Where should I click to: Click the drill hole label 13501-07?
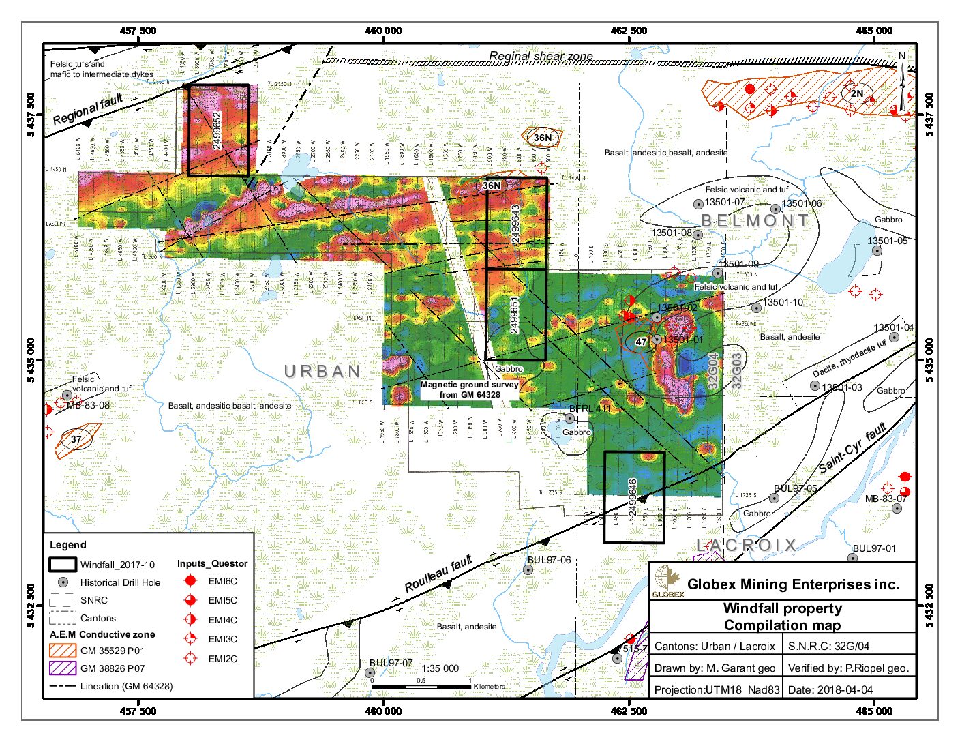coord(724,203)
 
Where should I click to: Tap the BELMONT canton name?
coord(755,220)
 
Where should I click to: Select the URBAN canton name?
coord(322,372)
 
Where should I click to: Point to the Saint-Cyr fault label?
coord(852,447)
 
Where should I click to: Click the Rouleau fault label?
coord(438,574)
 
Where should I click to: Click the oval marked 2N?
coord(856,93)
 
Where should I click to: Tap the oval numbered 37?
coord(76,439)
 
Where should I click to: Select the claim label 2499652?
coord(217,130)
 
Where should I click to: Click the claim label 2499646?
coord(633,496)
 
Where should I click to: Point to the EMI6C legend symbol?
coord(191,581)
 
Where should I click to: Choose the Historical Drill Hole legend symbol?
coord(63,582)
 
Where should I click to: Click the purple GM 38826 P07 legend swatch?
coord(63,668)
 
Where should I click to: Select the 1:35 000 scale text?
coord(440,668)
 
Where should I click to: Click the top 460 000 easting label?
coord(384,31)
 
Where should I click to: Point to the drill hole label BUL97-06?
coord(548,560)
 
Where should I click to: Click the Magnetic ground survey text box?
coord(470,389)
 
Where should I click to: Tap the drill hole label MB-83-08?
coord(88,405)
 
